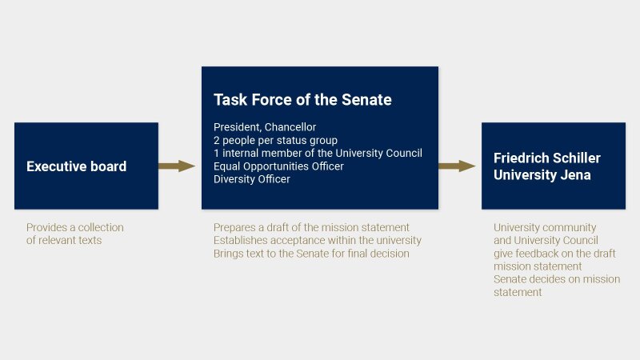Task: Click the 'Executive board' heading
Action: point(76,166)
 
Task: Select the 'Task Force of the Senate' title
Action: point(302,99)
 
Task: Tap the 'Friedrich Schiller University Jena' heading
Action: point(547,166)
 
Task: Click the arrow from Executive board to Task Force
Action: point(177,166)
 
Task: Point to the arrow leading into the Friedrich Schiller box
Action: point(457,166)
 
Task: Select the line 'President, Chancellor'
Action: point(265,127)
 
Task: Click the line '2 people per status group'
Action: point(275,140)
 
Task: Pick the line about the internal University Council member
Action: point(318,153)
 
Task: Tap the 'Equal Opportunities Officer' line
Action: point(278,166)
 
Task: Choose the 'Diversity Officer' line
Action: point(252,178)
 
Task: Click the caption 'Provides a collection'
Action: point(74,227)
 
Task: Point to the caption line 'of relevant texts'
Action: point(64,240)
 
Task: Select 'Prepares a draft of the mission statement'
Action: point(311,227)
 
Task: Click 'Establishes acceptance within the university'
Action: point(317,240)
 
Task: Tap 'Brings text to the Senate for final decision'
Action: point(311,253)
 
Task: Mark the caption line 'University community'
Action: point(545,227)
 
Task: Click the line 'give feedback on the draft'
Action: point(554,253)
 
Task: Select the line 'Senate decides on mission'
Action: point(557,279)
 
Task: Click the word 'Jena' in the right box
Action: point(574,174)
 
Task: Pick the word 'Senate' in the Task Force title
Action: point(366,99)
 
